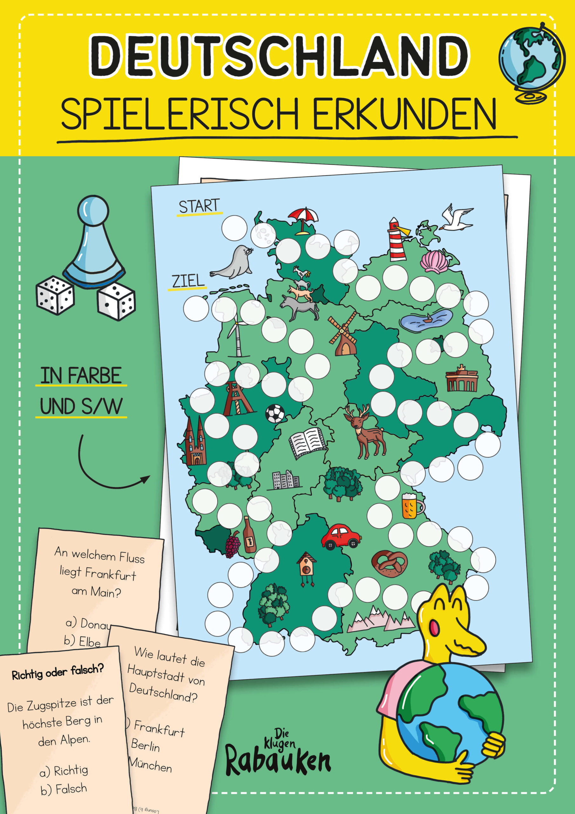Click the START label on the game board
pos(199,206)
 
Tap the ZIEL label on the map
pos(188,281)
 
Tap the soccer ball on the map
pos(275,413)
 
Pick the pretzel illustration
pos(389,563)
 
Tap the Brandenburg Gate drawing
pos(462,379)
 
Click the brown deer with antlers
pos(365,431)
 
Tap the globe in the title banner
pos(530,62)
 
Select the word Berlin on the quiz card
pos(145,745)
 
